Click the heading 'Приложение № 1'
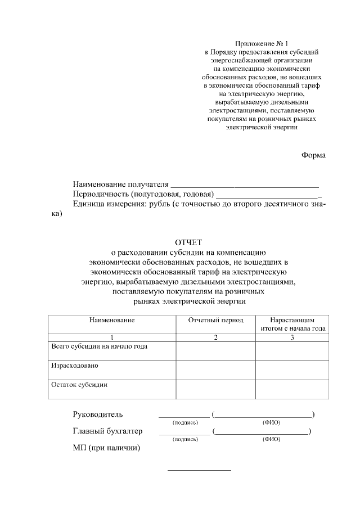pos(261,43)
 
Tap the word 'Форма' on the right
pos(313,155)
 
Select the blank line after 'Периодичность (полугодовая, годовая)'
pos(268,195)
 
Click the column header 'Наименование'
pos(111,320)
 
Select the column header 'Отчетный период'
pos(215,320)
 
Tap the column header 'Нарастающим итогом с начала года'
pos(292,324)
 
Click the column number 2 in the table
pos(215,337)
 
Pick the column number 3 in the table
pos(292,337)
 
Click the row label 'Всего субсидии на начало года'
pos(100,346)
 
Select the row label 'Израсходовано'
pos(75,366)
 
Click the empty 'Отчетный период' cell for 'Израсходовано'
pos(215,370)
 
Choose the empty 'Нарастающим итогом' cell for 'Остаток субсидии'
pos(292,389)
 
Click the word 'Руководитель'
pos(97,415)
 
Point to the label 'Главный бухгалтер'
pos(107,431)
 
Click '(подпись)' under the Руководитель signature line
pos(184,422)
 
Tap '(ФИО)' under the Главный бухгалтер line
pos(271,439)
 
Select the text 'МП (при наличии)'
pos(106,448)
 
